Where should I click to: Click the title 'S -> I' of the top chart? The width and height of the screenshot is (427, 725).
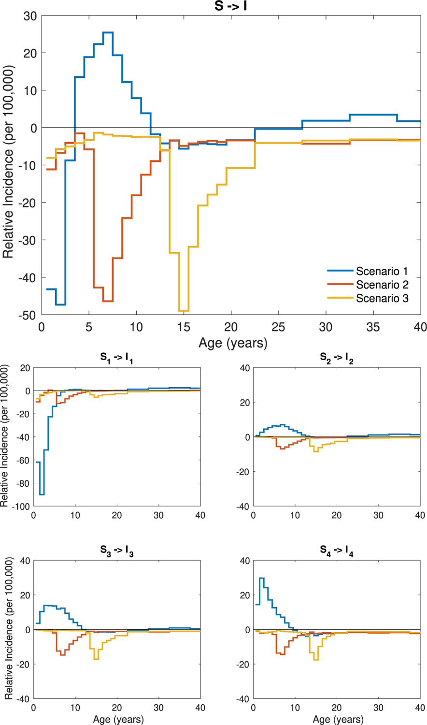point(231,6)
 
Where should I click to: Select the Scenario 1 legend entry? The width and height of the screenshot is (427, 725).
point(382,271)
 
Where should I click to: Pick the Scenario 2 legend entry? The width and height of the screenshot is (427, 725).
point(382,285)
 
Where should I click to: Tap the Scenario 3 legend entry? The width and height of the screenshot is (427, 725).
point(382,298)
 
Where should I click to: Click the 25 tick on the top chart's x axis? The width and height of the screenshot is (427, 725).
point(278,327)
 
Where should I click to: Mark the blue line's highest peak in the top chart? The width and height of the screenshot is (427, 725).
point(108,32)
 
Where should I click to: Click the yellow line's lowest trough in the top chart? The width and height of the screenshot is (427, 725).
point(184,311)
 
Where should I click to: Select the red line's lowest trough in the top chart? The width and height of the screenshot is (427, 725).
point(108,301)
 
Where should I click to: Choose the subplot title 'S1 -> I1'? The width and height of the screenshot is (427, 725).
point(116,358)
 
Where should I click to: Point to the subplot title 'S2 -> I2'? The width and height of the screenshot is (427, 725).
point(337,358)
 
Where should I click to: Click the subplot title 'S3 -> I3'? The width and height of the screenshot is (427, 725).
point(116,551)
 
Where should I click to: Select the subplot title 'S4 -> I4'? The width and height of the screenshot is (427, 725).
point(337,551)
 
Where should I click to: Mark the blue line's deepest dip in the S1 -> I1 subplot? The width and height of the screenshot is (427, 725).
point(42,494)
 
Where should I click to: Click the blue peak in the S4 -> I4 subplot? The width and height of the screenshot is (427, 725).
point(262,578)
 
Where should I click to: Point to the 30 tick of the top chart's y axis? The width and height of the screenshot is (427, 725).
point(30,15)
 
